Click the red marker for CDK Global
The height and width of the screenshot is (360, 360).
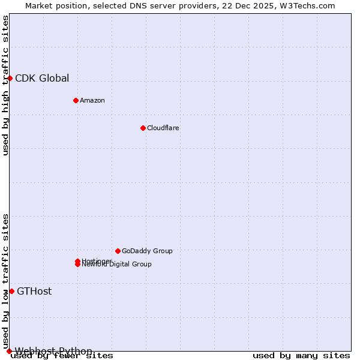[10, 78]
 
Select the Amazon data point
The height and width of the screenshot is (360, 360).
[76, 100]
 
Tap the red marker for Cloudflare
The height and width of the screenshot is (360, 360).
[143, 128]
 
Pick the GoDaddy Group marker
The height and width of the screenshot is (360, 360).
[118, 251]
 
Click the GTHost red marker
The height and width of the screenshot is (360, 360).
[11, 291]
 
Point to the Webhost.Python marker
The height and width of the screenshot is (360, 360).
[9, 351]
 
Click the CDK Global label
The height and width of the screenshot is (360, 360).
[42, 78]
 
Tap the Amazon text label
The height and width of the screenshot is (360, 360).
[92, 100]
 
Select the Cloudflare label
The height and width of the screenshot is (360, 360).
[163, 128]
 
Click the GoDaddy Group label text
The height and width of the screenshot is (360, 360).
[147, 251]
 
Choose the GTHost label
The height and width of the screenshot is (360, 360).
[34, 292]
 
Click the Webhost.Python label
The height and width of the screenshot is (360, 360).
[53, 351]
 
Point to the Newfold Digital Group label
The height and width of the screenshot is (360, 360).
[117, 265]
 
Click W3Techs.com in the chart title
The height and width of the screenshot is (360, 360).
[306, 5]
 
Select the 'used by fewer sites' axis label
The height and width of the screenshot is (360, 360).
[62, 356]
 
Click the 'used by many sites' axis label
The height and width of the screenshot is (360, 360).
[301, 356]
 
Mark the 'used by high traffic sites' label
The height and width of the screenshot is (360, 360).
[6, 85]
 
